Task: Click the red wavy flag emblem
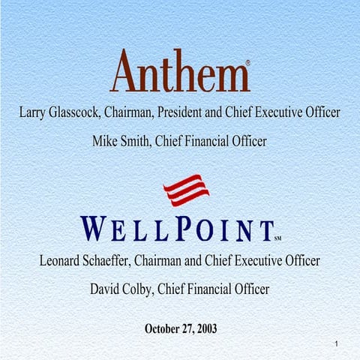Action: click(x=187, y=190)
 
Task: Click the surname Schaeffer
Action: click(x=127, y=262)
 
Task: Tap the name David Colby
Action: click(x=118, y=289)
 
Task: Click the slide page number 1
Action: click(x=338, y=343)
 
